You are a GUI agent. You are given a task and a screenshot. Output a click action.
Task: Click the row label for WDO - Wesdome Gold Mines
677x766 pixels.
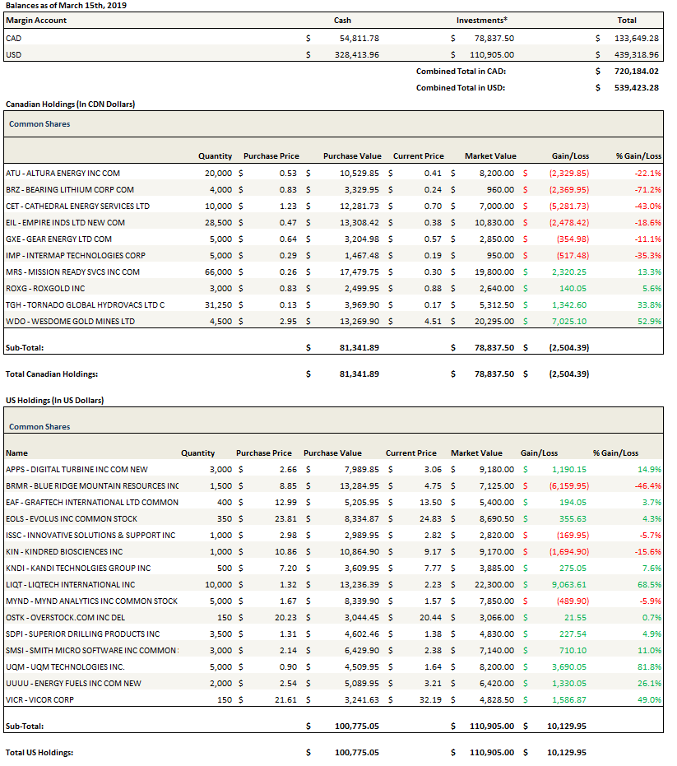pyautogui.click(x=70, y=321)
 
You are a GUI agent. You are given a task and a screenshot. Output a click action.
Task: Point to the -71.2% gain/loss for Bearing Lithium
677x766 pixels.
pyautogui.click(x=648, y=189)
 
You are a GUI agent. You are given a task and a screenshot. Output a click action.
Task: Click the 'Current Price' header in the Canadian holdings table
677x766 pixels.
pyautogui.click(x=418, y=156)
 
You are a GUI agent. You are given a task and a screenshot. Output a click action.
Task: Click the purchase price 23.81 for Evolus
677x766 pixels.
pyautogui.click(x=279, y=518)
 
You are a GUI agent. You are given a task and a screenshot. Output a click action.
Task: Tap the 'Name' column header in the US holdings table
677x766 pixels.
pyautogui.click(x=16, y=453)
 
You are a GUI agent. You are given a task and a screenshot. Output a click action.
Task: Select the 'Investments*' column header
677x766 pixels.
pyautogui.click(x=481, y=21)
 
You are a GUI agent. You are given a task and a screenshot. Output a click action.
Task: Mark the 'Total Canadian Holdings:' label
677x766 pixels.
pyautogui.click(x=52, y=374)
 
